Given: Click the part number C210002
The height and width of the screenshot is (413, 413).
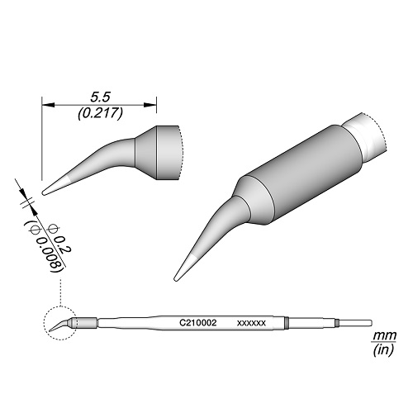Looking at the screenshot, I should [x=197, y=322].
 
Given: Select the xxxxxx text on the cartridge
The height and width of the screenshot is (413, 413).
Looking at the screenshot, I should [x=249, y=322].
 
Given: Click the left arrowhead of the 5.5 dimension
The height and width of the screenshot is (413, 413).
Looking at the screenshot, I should [x=46, y=105].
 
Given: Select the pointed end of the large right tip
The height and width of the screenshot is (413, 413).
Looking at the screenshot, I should [x=177, y=277].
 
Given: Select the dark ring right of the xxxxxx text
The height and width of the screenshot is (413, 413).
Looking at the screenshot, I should [x=287, y=322].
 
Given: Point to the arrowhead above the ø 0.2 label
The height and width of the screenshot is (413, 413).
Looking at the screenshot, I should [x=28, y=202].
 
